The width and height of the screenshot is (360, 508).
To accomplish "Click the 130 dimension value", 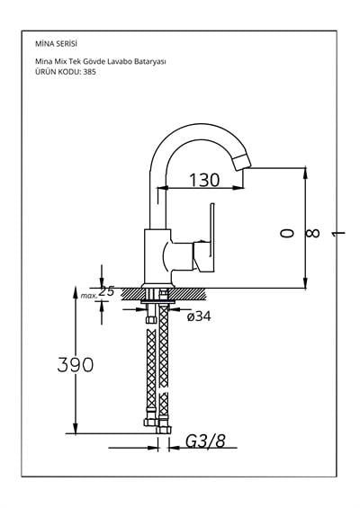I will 204,181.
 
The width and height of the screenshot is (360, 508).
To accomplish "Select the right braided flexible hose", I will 163,369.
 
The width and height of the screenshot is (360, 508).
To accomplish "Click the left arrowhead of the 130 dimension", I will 161,188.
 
